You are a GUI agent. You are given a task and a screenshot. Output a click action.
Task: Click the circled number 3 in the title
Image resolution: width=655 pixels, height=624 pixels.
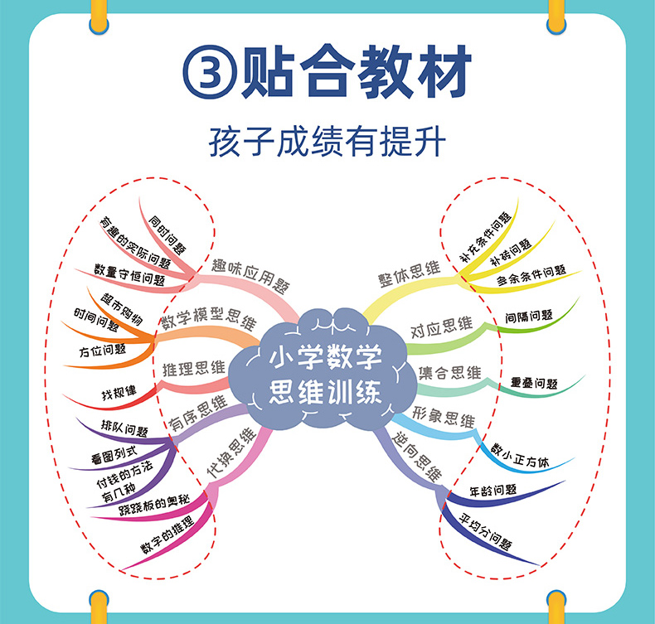207,72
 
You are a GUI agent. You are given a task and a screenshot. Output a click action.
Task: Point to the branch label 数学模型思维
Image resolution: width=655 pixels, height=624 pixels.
207,321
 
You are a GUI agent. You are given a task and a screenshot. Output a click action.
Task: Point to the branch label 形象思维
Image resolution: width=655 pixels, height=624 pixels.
444,418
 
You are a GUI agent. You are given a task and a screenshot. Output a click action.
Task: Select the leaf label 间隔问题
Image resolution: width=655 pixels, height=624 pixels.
529,316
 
